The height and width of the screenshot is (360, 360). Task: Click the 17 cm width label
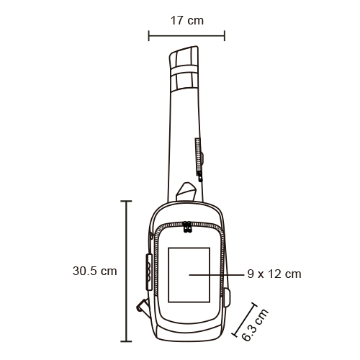187,21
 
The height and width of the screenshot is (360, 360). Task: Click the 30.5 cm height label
95,271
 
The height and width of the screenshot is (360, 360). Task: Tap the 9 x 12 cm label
274,274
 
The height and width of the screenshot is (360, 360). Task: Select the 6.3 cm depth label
255,325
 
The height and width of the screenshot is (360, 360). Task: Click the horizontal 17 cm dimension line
186,36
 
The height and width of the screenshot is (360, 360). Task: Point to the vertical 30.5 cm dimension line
126,271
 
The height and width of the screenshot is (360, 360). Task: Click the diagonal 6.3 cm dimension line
244,320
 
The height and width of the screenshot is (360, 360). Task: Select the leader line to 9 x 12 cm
217,275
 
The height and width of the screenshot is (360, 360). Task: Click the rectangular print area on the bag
189,275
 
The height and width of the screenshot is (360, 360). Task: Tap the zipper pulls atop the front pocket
187,227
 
